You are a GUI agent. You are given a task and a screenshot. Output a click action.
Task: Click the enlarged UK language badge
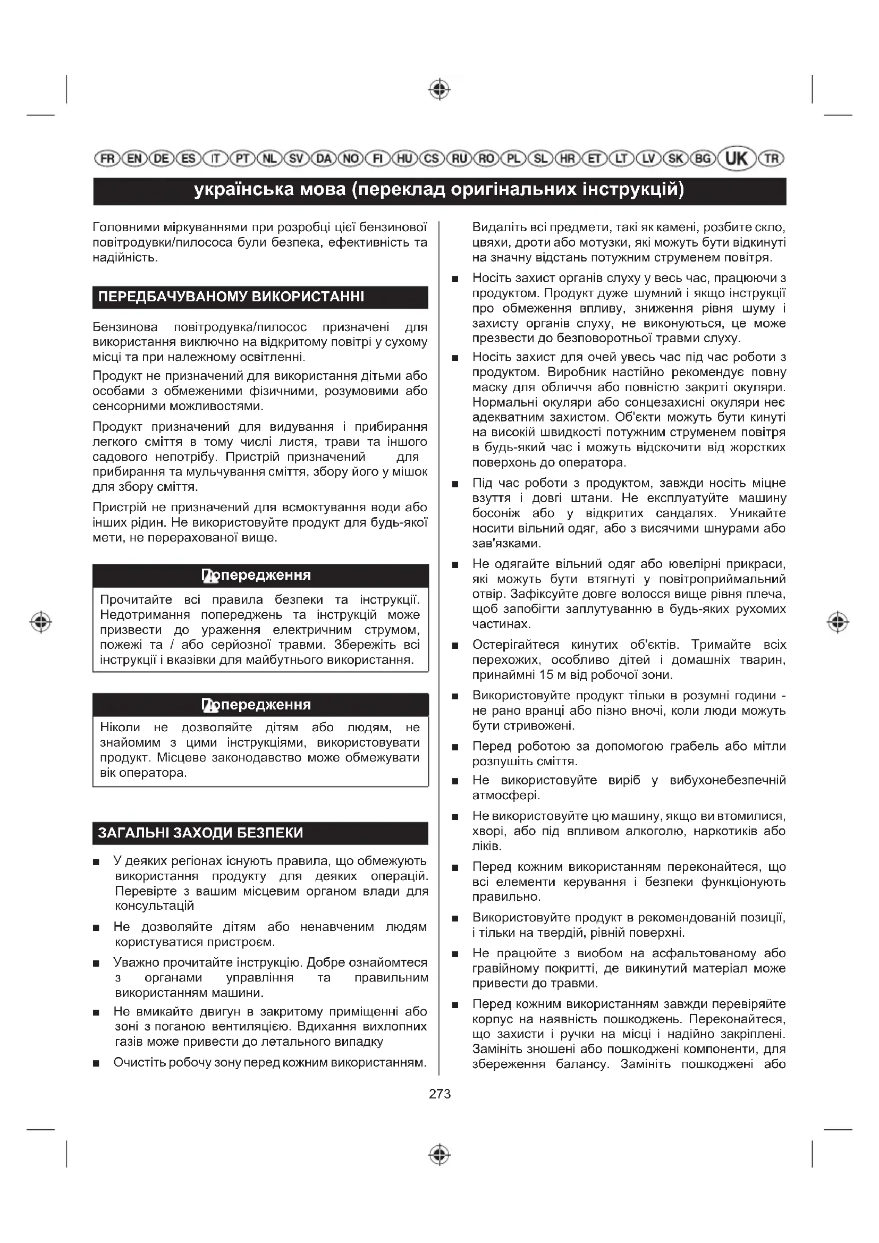[736, 158]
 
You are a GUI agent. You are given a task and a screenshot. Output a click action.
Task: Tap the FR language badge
[107, 158]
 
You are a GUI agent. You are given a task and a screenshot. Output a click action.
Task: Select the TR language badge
[771, 158]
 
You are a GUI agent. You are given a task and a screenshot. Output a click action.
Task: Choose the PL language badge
[513, 158]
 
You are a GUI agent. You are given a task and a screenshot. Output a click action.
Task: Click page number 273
[439, 1094]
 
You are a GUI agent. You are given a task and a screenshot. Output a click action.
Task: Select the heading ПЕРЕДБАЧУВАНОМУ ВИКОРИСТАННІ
[231, 297]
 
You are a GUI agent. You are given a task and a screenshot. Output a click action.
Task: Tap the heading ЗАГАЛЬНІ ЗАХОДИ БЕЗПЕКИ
[200, 833]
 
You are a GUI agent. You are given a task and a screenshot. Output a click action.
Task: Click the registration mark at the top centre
[439, 89]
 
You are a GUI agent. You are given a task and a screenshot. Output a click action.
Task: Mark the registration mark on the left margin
[40, 622]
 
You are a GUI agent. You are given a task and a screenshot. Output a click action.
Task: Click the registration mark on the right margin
[838, 622]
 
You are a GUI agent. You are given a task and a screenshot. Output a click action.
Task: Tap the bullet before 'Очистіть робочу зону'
[96, 1063]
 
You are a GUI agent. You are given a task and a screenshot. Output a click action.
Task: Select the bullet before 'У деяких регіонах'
[96, 862]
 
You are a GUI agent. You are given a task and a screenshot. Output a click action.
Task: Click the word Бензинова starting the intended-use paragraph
[125, 327]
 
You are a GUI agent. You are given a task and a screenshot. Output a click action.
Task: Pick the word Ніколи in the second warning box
[120, 727]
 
